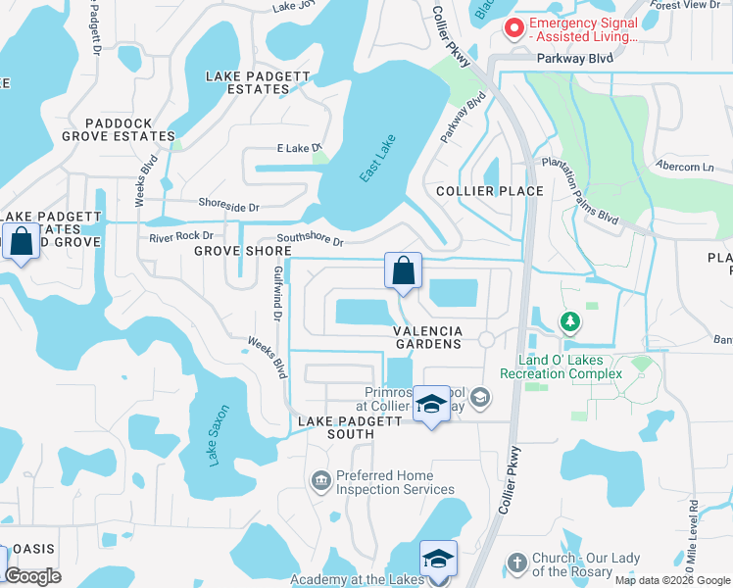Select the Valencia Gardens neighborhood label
(x=427, y=338)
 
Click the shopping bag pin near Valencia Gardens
(x=403, y=270)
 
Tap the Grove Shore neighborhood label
(x=243, y=251)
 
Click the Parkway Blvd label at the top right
(x=574, y=59)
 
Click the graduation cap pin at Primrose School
(x=430, y=404)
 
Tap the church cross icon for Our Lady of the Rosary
(x=517, y=563)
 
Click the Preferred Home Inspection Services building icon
(x=319, y=480)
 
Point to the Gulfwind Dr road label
(x=277, y=293)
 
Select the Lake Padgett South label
(x=350, y=427)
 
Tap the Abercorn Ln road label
(x=685, y=167)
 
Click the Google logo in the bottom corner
(x=32, y=576)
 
